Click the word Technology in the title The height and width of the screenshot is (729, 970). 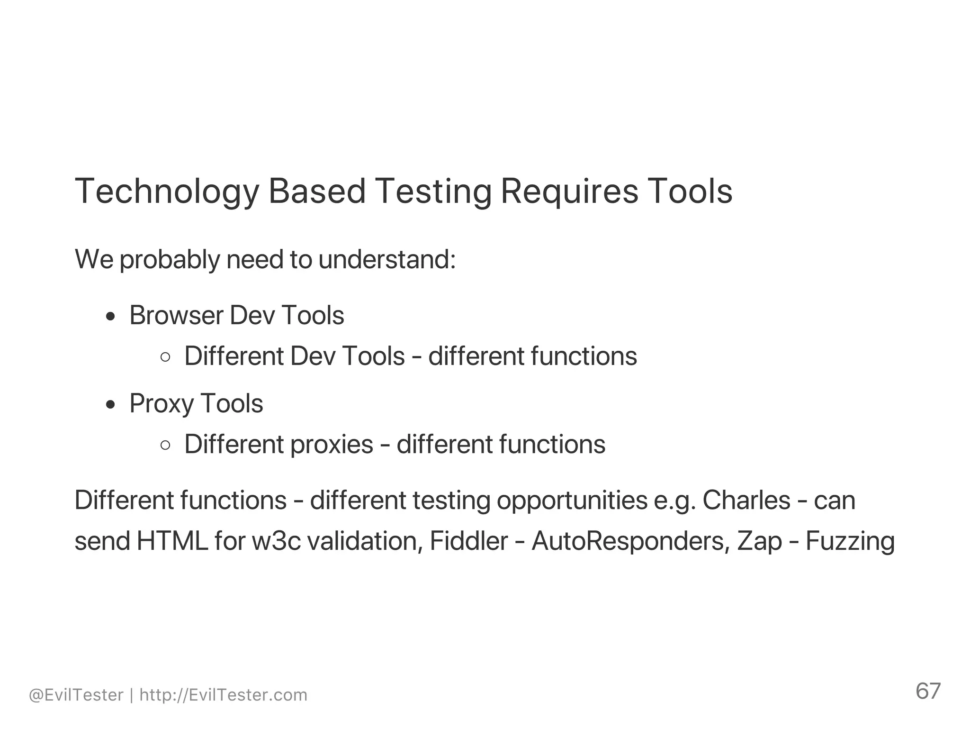click(167, 191)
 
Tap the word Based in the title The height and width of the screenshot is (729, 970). click(317, 191)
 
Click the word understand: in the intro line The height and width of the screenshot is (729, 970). click(386, 260)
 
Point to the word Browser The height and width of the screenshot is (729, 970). click(176, 315)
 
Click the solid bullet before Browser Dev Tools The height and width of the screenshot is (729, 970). click(111, 317)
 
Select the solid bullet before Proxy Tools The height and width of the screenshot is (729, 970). click(111, 405)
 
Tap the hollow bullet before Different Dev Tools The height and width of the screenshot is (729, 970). click(165, 357)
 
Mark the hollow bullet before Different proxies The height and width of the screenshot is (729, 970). click(165, 445)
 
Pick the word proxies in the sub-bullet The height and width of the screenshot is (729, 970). click(332, 445)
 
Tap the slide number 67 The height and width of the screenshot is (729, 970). click(928, 691)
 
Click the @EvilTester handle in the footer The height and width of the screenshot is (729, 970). click(76, 695)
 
